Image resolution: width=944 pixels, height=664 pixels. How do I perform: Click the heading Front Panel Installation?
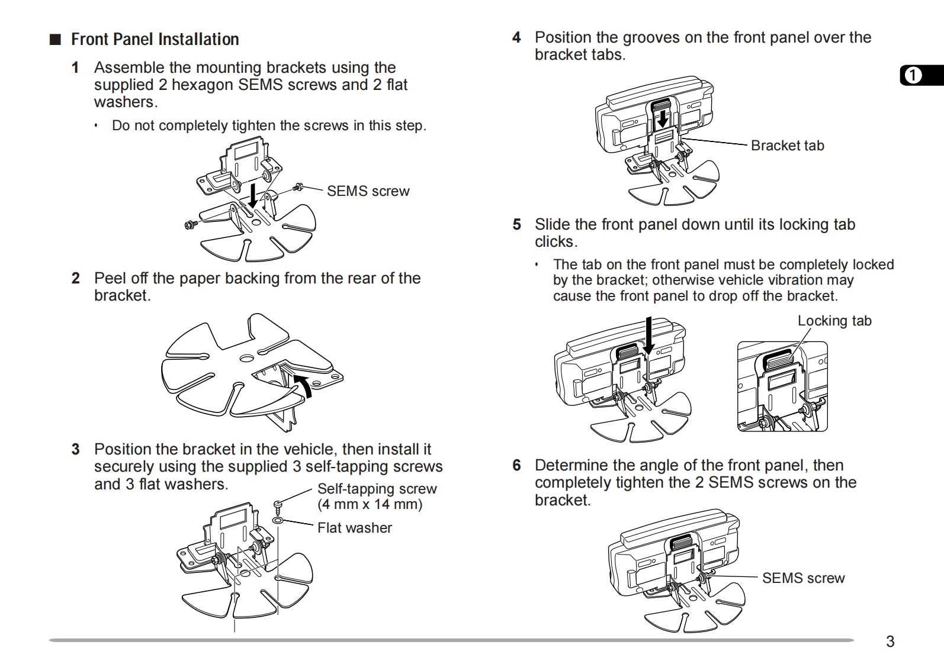pos(155,40)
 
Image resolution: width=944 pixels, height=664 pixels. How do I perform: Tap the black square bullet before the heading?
pos(55,40)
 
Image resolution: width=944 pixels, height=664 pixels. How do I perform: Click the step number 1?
pos(75,67)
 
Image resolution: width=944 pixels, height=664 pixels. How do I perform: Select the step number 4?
pos(516,38)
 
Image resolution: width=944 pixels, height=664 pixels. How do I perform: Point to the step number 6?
pos(516,466)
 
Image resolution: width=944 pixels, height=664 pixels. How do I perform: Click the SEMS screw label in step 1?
pos(368,191)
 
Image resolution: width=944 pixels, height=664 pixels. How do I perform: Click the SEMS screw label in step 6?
pos(803,578)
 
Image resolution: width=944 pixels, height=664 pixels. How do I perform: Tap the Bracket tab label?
pos(787,146)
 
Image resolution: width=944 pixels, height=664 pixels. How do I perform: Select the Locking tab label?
pos(834,321)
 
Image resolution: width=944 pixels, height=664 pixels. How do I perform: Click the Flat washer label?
pos(354,528)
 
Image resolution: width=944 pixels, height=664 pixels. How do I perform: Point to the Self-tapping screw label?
pos(377,489)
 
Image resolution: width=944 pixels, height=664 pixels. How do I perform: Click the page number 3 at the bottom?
pos(890,642)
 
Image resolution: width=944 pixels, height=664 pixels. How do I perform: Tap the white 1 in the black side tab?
pos(913,76)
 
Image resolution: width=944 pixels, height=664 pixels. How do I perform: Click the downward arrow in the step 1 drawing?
pos(253,195)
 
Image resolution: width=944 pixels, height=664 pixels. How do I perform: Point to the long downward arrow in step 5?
pos(650,335)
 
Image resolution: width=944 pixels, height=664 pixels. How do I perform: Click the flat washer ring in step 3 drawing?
pos(278,520)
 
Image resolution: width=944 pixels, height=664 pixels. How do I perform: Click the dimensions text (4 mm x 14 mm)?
pos(370,505)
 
